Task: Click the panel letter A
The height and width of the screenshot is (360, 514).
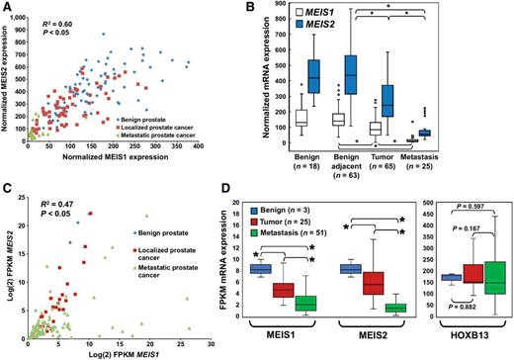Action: [x=9, y=8]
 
